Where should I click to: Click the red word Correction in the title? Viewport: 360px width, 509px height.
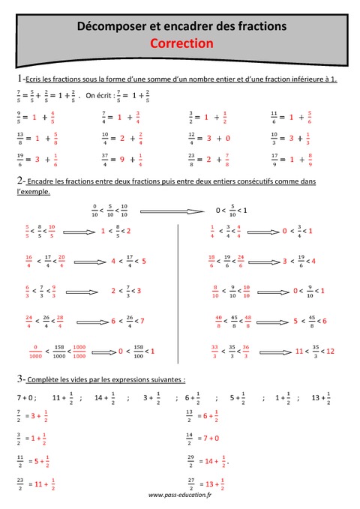(181, 43)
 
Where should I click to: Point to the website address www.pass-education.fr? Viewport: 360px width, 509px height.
(181, 495)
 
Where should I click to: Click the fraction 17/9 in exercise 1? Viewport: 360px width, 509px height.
(274, 159)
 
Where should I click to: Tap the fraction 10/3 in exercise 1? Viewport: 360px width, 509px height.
(274, 138)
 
